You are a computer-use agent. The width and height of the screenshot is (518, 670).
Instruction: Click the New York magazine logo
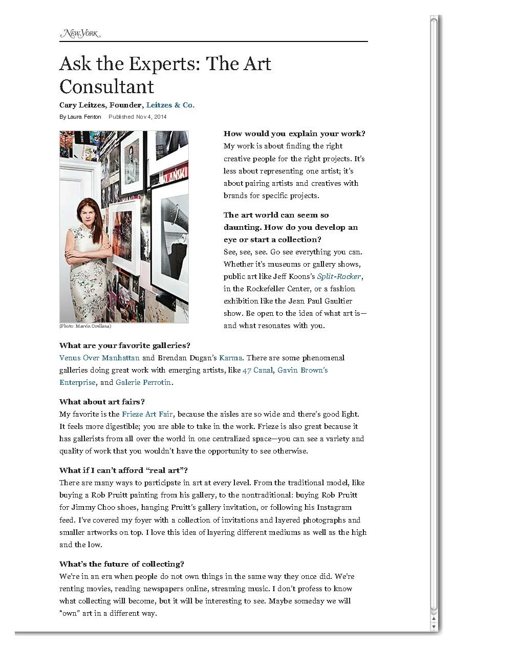(80, 34)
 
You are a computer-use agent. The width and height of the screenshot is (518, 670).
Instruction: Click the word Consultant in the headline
(106, 86)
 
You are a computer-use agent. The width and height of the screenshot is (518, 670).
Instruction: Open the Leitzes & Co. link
(170, 105)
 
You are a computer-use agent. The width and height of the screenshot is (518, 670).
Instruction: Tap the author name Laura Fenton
(84, 117)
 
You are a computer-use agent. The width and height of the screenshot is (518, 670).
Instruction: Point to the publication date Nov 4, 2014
(151, 117)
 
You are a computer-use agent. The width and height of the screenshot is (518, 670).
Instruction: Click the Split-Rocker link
(339, 276)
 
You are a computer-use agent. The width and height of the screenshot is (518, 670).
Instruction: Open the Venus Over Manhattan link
(99, 358)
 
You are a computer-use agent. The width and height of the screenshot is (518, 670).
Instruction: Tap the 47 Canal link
(257, 370)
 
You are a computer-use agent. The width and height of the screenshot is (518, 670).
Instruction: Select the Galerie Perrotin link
(143, 382)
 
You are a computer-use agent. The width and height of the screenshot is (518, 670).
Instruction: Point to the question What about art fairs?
(102, 402)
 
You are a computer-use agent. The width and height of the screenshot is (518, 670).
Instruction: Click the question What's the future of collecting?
(122, 564)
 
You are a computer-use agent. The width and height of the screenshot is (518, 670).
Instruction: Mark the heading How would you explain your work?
(294, 134)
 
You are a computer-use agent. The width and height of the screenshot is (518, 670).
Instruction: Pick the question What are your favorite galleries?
(125, 345)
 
